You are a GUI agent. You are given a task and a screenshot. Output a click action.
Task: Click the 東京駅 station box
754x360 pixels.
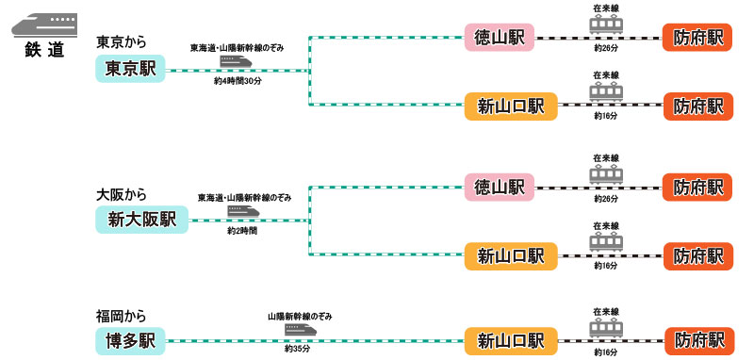coord(130,69)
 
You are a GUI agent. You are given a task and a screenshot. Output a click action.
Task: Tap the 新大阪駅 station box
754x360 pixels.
coord(142,220)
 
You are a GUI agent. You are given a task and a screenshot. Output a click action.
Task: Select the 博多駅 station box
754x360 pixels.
coord(130,339)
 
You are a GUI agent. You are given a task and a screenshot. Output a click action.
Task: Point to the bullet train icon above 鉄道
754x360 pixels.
coord(44,23)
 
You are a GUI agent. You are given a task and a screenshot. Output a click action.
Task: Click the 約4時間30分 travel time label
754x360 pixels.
coord(238,82)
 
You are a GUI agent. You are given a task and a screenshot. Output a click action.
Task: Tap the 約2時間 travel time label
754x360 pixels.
coord(242,230)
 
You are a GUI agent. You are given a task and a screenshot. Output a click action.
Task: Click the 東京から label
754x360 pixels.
coord(122,42)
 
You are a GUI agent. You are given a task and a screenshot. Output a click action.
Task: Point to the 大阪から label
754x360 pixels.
coord(122,195)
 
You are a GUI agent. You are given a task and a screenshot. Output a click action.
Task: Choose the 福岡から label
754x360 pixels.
coord(122,316)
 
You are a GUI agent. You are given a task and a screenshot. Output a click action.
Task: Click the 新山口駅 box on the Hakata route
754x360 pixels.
coord(510,339)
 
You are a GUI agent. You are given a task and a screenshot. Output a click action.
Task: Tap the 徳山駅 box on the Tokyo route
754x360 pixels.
coord(500,38)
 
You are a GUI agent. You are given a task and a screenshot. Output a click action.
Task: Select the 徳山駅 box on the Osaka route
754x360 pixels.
coord(500,187)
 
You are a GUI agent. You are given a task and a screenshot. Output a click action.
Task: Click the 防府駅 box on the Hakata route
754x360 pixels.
coord(698,339)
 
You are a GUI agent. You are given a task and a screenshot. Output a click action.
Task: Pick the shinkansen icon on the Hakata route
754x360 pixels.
coord(300,330)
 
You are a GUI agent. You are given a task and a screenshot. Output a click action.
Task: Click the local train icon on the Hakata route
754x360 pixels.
coord(606,329)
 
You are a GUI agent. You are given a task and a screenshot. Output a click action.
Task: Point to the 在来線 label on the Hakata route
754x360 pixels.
coord(606,311)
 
